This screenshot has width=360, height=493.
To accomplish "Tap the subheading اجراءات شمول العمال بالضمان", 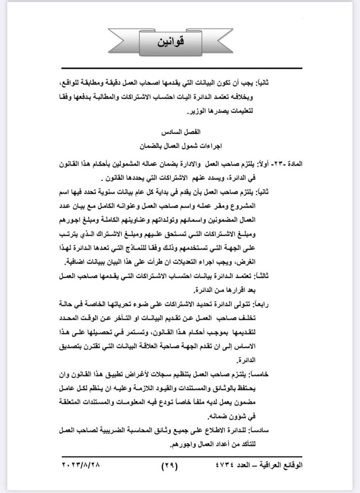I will [180, 143].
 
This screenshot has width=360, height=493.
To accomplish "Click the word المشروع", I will [294, 203].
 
